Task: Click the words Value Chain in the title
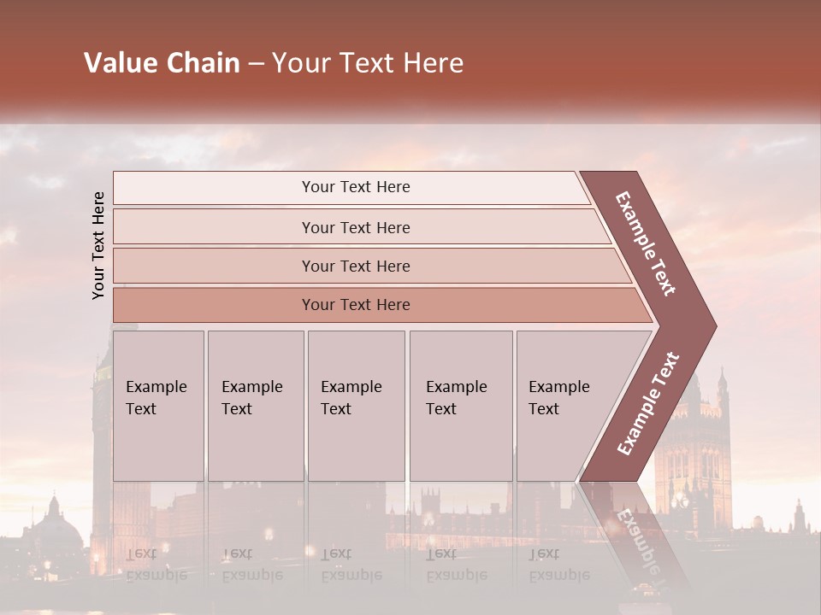[x=162, y=63]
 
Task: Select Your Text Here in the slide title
[x=368, y=63]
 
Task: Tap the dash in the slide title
[x=256, y=64]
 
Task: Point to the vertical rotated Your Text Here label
[x=98, y=246]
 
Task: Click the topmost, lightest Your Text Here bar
[x=355, y=187]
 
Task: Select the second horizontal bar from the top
[x=355, y=227]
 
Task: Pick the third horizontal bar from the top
[x=355, y=266]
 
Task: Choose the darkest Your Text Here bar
[x=355, y=305]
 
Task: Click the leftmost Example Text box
[x=157, y=405]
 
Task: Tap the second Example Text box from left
[x=254, y=405]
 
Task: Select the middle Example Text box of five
[x=355, y=405]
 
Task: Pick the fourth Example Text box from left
[x=460, y=405]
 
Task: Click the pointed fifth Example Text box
[x=564, y=405]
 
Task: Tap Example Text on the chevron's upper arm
[x=646, y=243]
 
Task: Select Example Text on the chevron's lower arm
[x=648, y=404]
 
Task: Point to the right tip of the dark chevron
[x=714, y=326]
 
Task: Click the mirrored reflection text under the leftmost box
[x=157, y=565]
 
